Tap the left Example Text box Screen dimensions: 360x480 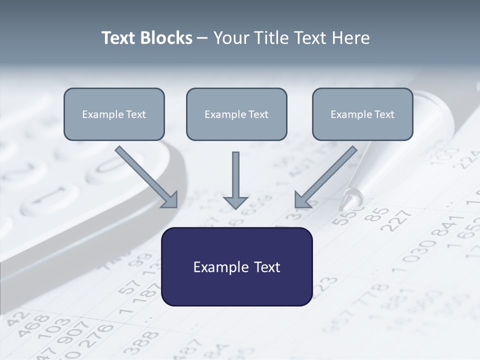[x=114, y=114]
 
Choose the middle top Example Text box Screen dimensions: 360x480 [x=236, y=114]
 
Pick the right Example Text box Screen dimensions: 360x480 [x=362, y=114]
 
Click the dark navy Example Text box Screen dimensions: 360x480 [x=236, y=266]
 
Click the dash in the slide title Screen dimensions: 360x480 [x=202, y=38]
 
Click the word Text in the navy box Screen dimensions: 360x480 [x=265, y=267]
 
